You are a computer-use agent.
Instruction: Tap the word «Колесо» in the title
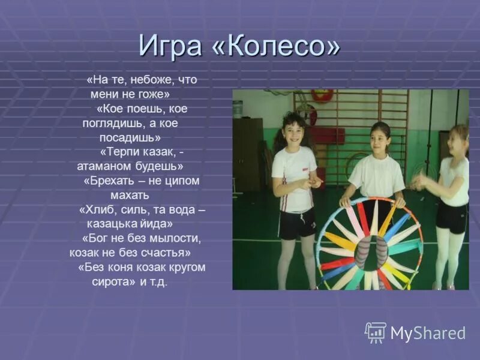click(275, 46)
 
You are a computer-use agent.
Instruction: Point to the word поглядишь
click(113, 123)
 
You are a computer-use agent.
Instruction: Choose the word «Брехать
click(107, 181)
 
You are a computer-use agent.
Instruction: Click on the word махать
click(130, 195)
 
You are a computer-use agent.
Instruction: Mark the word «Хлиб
click(97, 209)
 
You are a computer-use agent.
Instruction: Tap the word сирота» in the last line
click(115, 281)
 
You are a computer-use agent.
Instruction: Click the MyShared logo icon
click(376, 332)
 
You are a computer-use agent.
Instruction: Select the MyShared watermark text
click(428, 333)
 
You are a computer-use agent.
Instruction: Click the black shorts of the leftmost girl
click(296, 224)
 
